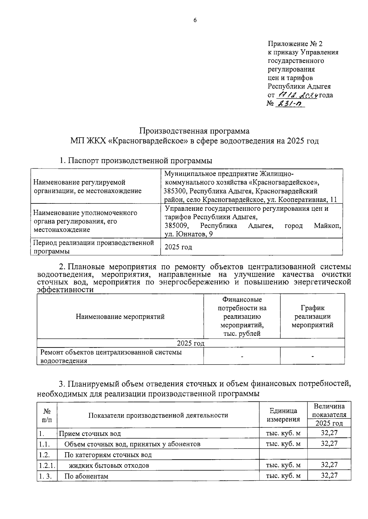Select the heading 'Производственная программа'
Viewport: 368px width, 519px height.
(194, 131)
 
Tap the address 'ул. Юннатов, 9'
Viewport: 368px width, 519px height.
(189, 234)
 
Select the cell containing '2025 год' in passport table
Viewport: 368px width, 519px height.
(178, 247)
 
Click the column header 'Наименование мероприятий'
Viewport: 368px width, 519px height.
(120, 316)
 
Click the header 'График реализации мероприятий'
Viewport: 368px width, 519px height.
(312, 316)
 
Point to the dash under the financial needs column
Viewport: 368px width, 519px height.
(242, 356)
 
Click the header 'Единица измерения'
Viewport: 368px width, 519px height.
(283, 415)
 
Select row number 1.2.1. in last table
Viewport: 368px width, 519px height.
(47, 465)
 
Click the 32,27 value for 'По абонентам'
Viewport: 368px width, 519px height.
(329, 475)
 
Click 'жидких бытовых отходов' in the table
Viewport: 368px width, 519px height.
(109, 466)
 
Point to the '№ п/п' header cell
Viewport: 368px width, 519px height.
(47, 415)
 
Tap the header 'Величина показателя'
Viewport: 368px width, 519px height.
(329, 411)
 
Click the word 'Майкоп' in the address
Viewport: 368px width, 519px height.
(327, 226)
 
